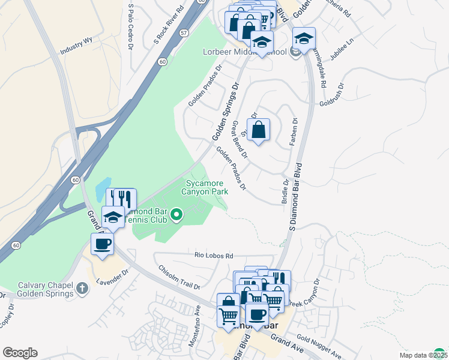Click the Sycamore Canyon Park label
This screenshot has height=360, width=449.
click(x=206, y=187)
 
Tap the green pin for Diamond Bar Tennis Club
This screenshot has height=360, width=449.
click(x=176, y=214)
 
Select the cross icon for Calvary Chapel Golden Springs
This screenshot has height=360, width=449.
click(x=82, y=289)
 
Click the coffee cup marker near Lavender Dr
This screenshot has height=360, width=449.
click(x=102, y=244)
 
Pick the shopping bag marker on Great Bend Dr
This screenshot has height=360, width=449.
click(x=258, y=130)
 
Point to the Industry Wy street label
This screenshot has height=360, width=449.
click(x=76, y=47)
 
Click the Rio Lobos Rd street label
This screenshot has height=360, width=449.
click(x=213, y=255)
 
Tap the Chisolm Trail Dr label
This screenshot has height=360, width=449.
click(x=179, y=277)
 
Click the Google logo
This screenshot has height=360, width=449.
click(x=20, y=352)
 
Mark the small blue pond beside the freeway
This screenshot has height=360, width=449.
click(x=103, y=190)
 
